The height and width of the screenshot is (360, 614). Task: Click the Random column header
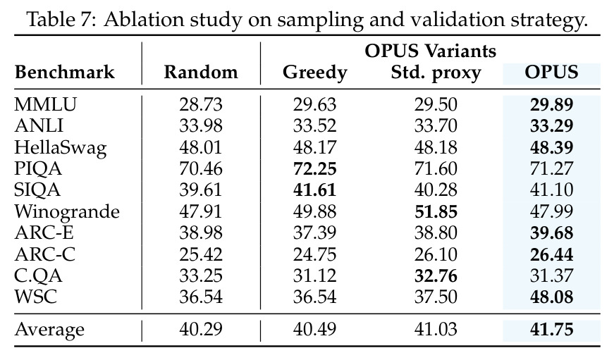pos(201,72)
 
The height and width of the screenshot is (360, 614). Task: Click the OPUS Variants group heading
pos(430,51)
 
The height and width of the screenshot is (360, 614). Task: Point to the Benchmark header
pos(65,72)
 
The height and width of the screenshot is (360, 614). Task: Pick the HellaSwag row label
pos(61,148)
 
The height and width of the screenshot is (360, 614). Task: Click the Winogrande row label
pos(67,212)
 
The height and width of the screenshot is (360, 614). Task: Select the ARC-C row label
pos(45,254)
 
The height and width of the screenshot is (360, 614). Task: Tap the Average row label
pos(49,330)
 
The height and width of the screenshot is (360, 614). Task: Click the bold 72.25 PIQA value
pos(315,168)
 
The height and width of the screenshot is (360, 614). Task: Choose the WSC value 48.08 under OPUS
pos(552,297)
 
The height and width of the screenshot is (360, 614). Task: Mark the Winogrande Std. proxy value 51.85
pos(436,211)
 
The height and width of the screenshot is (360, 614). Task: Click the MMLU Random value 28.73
pos(201,104)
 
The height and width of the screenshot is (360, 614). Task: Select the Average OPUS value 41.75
pos(552,330)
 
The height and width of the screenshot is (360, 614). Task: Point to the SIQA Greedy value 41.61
pos(315,190)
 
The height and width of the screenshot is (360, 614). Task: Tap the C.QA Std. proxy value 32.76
pos(436,276)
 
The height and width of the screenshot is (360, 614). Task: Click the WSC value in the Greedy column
pos(315,297)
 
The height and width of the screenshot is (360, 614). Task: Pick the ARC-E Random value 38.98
pos(201,232)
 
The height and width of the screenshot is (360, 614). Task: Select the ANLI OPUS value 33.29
pos(552,125)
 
